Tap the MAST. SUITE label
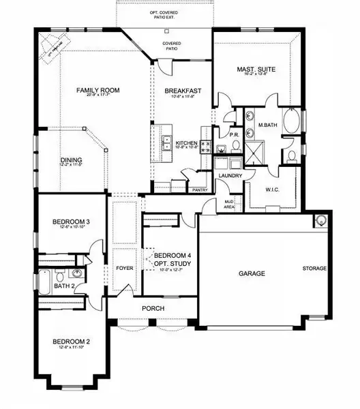255,70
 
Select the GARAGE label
252,273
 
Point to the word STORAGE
314,269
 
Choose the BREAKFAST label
182,91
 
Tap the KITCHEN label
186,142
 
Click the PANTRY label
200,190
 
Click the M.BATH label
266,124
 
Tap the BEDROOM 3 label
72,222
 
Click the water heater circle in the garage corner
319,220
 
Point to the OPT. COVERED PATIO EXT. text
164,16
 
